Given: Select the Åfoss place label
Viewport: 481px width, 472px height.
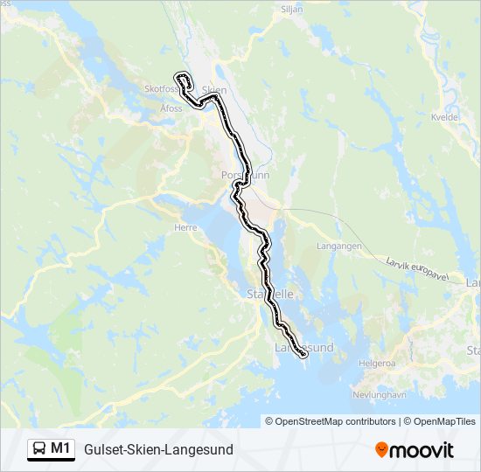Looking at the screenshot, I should click(171, 108).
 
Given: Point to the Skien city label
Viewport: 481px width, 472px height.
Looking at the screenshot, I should click(214, 90).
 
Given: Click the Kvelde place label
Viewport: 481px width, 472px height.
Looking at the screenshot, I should click(446, 116).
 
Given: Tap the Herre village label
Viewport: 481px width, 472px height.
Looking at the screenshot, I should click(187, 226).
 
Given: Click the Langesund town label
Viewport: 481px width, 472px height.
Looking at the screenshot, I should click(304, 348).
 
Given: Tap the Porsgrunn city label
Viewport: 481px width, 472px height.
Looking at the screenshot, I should click(246, 175).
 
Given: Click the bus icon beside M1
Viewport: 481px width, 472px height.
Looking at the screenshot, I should click(39, 449).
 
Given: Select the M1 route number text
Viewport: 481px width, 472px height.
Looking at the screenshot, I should click(60, 448).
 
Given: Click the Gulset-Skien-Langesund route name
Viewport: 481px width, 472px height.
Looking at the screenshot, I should click(158, 449).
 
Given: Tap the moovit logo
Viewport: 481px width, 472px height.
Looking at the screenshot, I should click(415, 449).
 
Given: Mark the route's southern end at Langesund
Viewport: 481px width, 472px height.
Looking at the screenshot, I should click(303, 355).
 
